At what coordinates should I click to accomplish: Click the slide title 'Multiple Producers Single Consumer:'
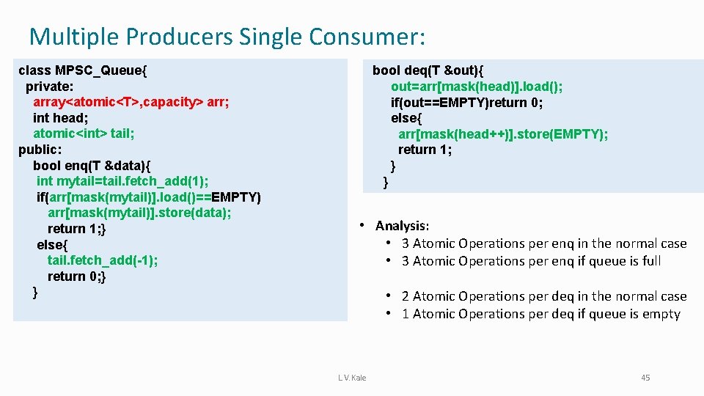point(227,35)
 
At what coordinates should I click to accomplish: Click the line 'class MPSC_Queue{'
point(83,70)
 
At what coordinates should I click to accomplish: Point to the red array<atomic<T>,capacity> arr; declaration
point(131,102)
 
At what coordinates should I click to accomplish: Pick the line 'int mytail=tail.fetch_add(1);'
point(122,181)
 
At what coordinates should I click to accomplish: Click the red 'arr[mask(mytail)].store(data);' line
point(139,213)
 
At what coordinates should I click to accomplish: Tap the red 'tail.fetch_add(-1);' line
point(103,260)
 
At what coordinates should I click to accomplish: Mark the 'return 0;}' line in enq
point(77,276)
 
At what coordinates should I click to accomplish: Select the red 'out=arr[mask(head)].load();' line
point(477,87)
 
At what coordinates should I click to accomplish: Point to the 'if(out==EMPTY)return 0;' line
point(466,102)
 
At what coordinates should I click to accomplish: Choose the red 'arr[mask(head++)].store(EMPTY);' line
point(503,134)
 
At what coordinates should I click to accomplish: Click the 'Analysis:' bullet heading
point(402,226)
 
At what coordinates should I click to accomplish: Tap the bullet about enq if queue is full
point(531,261)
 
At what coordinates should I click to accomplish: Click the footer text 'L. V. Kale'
point(352,378)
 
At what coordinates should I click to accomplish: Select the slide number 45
point(645,378)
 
